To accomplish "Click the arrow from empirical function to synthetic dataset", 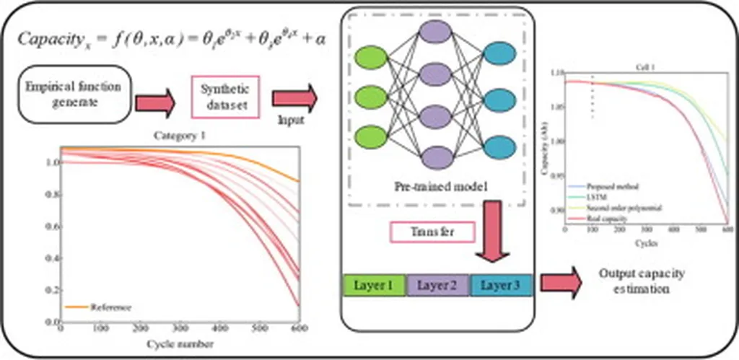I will pyautogui.click(x=154, y=103).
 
